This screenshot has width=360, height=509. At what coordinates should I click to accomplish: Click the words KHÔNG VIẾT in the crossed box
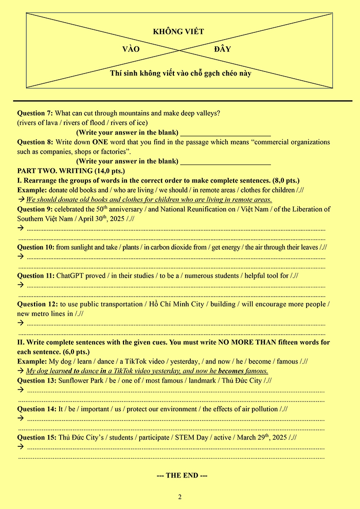coord(178,32)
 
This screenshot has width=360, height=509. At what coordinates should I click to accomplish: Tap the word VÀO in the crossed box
coord(131,49)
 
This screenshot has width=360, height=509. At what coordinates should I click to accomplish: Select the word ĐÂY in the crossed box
coord(222,49)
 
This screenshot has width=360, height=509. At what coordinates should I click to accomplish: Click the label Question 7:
coord(35,113)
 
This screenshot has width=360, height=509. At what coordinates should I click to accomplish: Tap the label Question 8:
coord(35,142)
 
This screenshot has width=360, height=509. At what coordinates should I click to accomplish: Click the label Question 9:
coord(35,209)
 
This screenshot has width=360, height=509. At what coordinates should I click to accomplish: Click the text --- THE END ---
coord(182,476)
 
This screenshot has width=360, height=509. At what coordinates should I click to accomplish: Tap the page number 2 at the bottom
coord(180,497)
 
